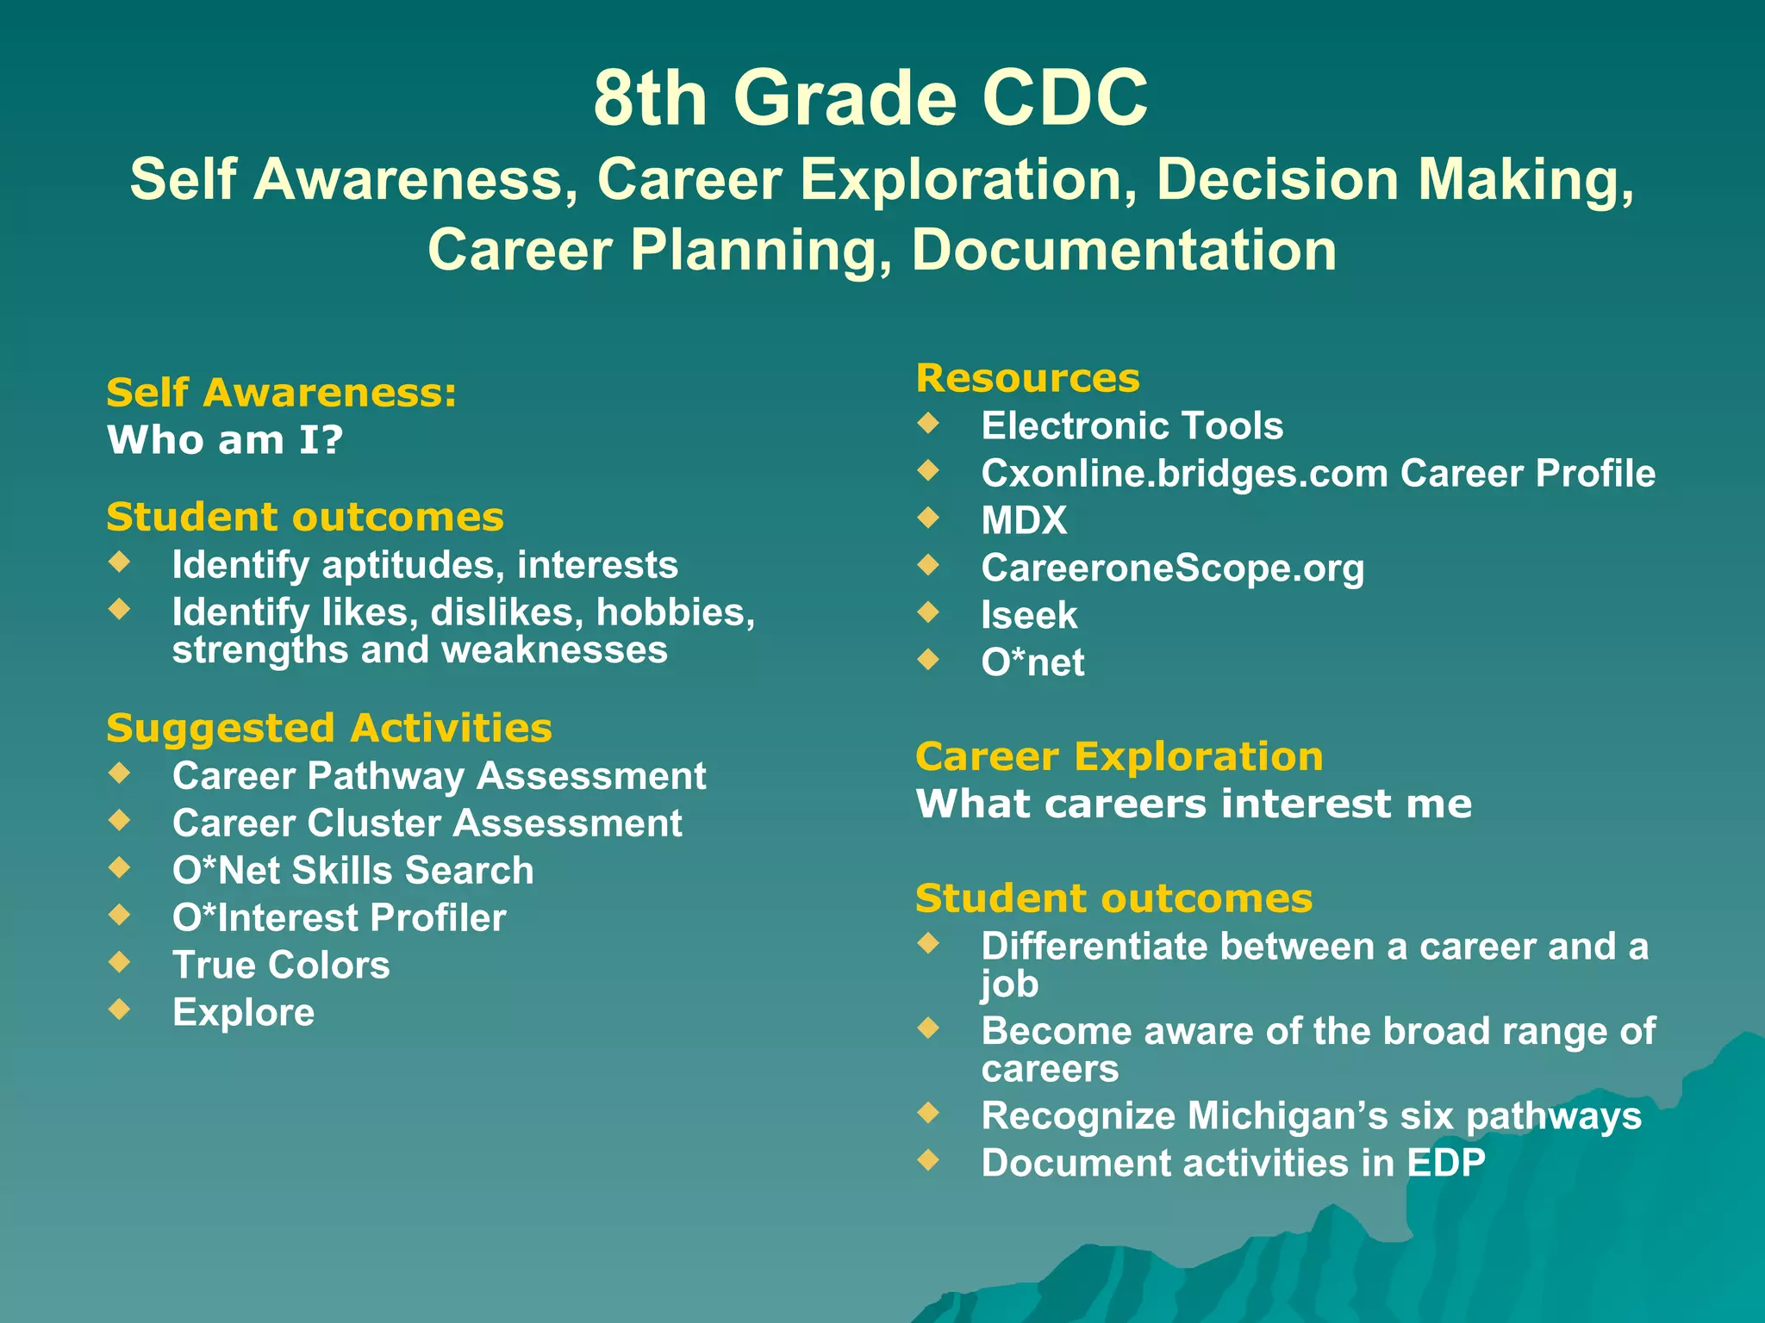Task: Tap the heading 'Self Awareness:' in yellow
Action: (x=281, y=393)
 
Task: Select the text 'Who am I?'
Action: (x=225, y=440)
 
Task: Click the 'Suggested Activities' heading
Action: (x=328, y=728)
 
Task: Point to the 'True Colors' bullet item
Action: (x=281, y=965)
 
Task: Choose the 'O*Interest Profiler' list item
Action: (x=339, y=917)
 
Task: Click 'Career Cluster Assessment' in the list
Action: (x=427, y=823)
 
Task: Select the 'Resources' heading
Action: (x=1027, y=378)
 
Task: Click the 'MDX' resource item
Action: (x=1024, y=520)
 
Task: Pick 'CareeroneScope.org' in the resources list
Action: (x=1172, y=568)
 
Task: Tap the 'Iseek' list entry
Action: (x=1029, y=615)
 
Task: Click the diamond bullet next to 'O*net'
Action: (x=928, y=659)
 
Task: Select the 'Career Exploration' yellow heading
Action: (x=1119, y=756)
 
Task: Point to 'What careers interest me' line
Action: (x=1194, y=804)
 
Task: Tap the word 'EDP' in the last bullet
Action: (x=1446, y=1163)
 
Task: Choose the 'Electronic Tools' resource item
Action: (x=1132, y=425)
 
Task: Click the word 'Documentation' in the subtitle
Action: (x=1124, y=250)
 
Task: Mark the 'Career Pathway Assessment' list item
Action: (x=439, y=775)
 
